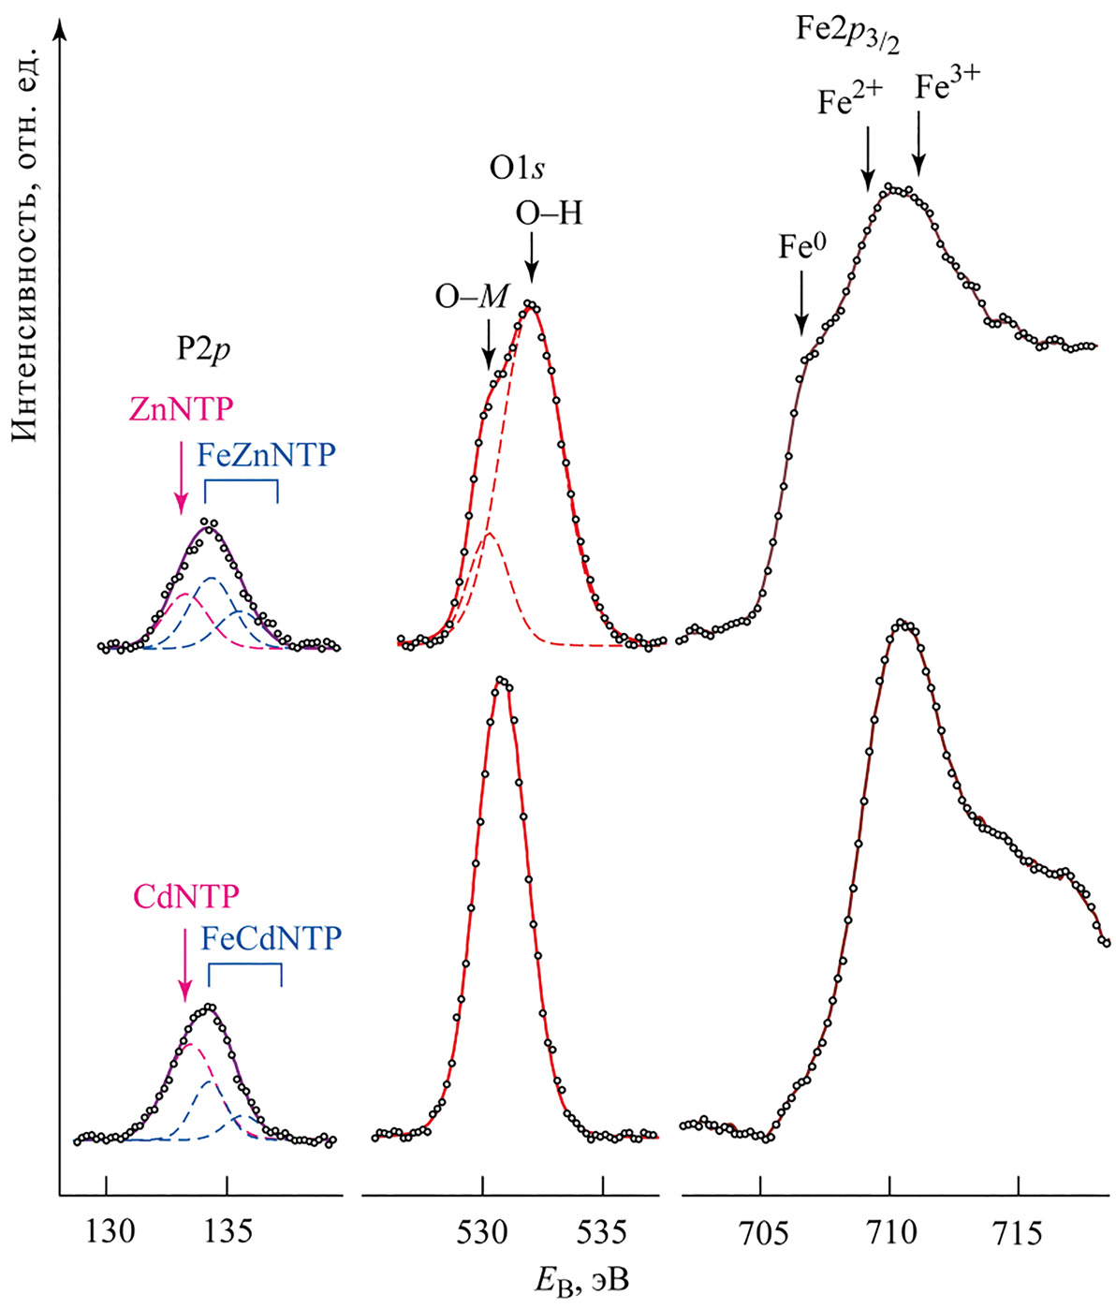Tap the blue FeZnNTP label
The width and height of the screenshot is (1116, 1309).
(x=266, y=455)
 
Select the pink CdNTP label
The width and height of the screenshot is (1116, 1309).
(x=186, y=896)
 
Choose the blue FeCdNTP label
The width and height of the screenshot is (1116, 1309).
(x=272, y=938)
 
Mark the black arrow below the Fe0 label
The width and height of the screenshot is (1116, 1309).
(x=801, y=302)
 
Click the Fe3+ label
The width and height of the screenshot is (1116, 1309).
(x=947, y=89)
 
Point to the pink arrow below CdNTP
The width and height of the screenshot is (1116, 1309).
(x=185, y=968)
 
